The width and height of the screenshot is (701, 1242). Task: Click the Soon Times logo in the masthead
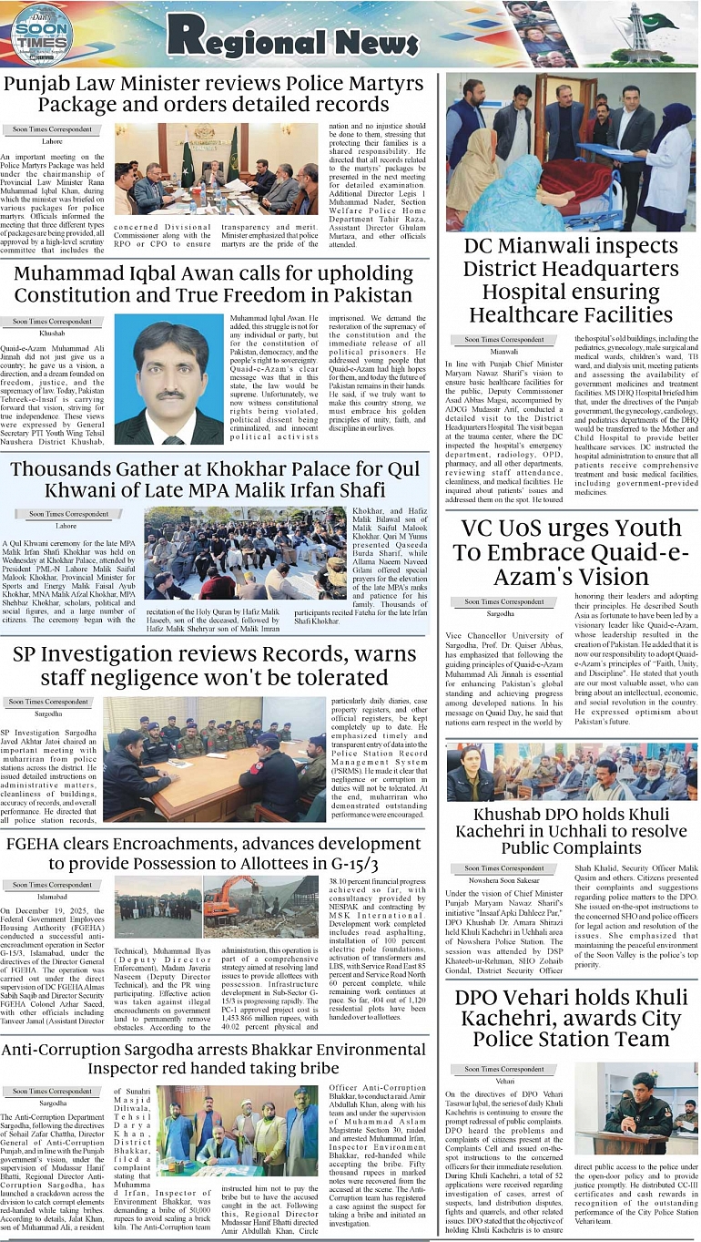41,36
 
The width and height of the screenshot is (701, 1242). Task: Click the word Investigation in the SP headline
134,655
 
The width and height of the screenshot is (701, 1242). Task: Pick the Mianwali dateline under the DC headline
504,351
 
